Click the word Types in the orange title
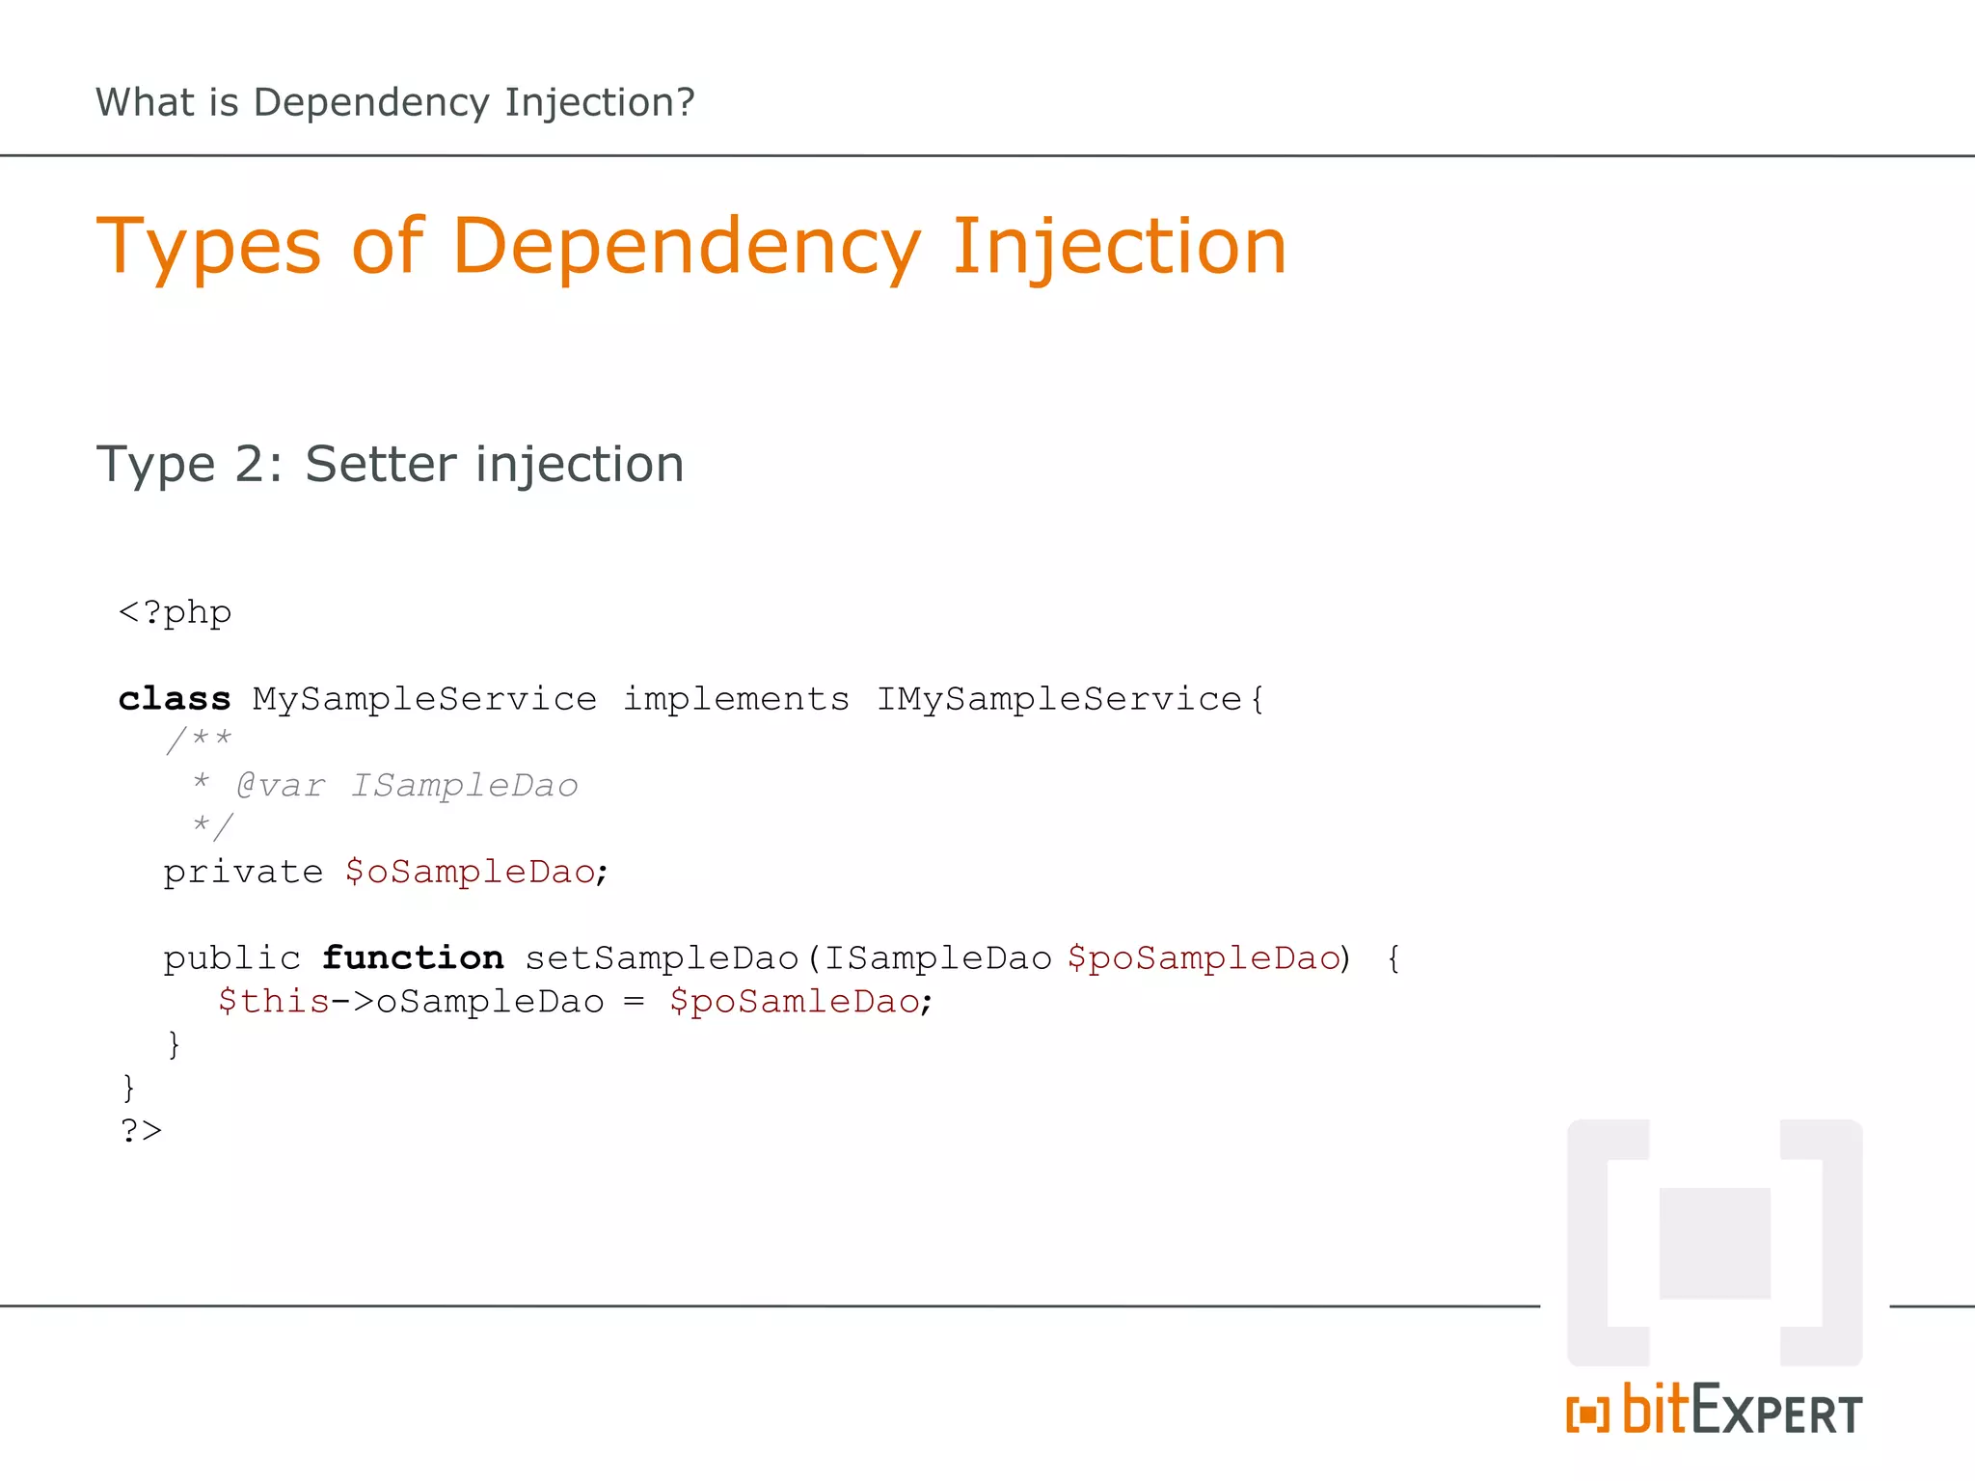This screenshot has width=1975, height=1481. pyautogui.click(x=208, y=247)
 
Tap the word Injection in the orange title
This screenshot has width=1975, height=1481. pyautogui.click(x=1119, y=247)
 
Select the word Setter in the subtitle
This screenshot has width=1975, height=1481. pyautogui.click(x=381, y=465)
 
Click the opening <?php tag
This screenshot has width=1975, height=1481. pyautogui.click(x=175, y=613)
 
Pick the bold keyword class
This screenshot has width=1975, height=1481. pyautogui.click(x=175, y=699)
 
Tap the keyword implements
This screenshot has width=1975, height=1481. pyautogui.click(x=736, y=699)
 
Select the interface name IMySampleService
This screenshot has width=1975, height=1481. pyautogui.click(x=1059, y=699)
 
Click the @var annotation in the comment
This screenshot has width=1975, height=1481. pyautogui.click(x=281, y=786)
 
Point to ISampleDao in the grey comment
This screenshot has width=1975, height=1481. pyautogui.click(x=464, y=786)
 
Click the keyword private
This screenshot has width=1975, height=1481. pyautogui.click(x=243, y=873)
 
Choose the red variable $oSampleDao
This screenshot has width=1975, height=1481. pyautogui.click(x=471, y=873)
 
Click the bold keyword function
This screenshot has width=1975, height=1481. pyautogui.click(x=413, y=958)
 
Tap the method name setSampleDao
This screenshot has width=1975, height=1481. pyautogui.click(x=662, y=958)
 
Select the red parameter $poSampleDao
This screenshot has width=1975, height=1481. pyautogui.click(x=1204, y=958)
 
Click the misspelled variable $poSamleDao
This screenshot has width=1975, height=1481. pyautogui.click(x=795, y=1002)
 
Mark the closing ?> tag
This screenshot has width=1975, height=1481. pyautogui.click(x=141, y=1130)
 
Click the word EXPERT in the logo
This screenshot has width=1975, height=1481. pyautogui.click(x=1776, y=1413)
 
